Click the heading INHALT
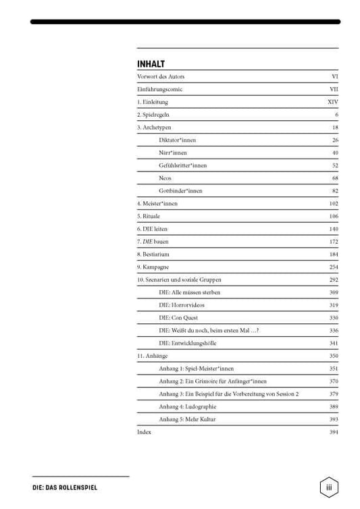(x=151, y=64)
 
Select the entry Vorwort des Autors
(x=161, y=77)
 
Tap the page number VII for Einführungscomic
(x=334, y=89)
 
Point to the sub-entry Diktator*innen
(x=178, y=140)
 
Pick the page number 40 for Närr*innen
(x=335, y=153)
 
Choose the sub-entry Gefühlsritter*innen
(x=183, y=165)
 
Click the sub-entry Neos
(x=165, y=178)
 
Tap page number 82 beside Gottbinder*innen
(x=335, y=191)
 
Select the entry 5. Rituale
(x=149, y=216)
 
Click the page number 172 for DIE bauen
(x=334, y=242)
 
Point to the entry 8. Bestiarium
(x=153, y=254)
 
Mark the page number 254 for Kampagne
(x=334, y=267)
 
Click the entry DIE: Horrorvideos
(x=182, y=305)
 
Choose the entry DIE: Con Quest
(x=178, y=317)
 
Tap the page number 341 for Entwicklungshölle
(x=334, y=343)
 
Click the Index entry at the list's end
(x=144, y=432)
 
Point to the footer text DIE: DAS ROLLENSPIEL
(x=64, y=487)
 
